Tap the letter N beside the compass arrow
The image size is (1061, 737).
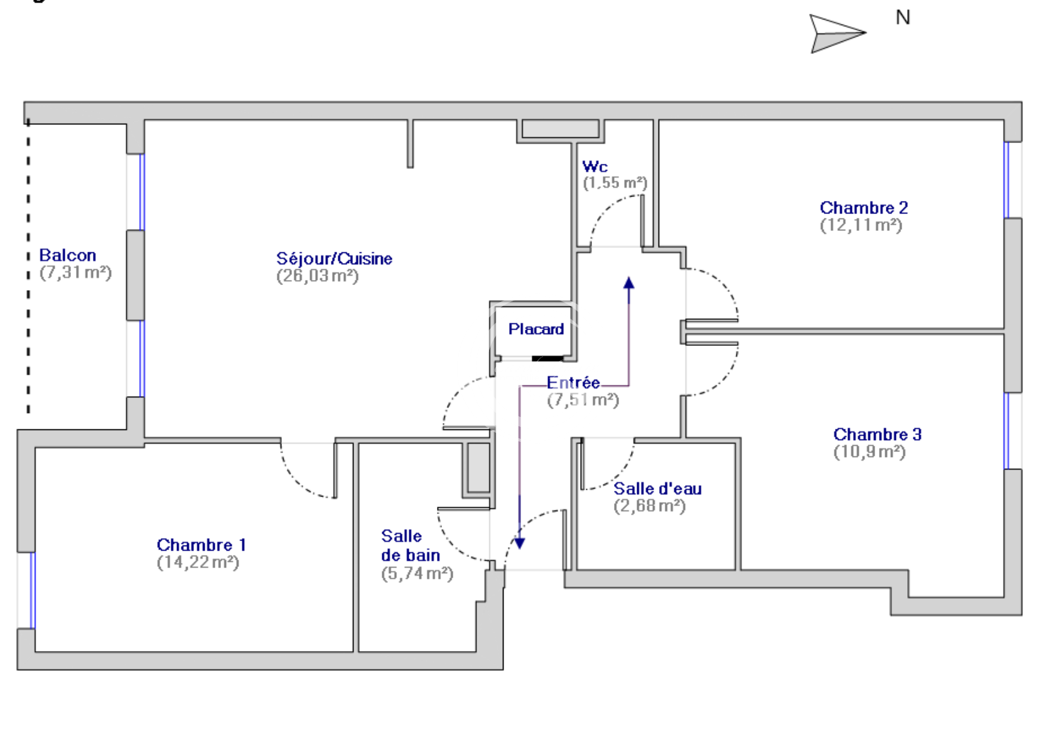pos(903,18)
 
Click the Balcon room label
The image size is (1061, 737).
pos(68,256)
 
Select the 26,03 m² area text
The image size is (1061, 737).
pos(318,276)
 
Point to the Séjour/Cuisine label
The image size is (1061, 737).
pos(334,259)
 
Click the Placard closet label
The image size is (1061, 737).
pos(536,329)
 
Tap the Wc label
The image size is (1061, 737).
pos(595,167)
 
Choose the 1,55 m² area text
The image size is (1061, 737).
pos(615,183)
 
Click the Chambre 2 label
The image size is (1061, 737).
pos(864,208)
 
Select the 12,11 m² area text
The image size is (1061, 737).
pos(861,225)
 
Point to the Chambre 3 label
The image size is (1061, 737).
pos(877,434)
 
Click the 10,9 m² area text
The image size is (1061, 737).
pos(870,452)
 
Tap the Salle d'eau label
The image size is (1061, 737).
pos(657,488)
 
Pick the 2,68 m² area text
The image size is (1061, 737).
pos(650,506)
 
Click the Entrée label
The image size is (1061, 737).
pos(573,382)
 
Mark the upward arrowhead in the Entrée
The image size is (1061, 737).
pos(629,283)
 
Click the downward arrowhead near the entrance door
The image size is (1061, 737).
pos(519,542)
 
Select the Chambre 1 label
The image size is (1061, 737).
pos(201,545)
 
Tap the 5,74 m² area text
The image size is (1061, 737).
pos(417,574)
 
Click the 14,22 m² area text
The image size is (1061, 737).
pos(198,562)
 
